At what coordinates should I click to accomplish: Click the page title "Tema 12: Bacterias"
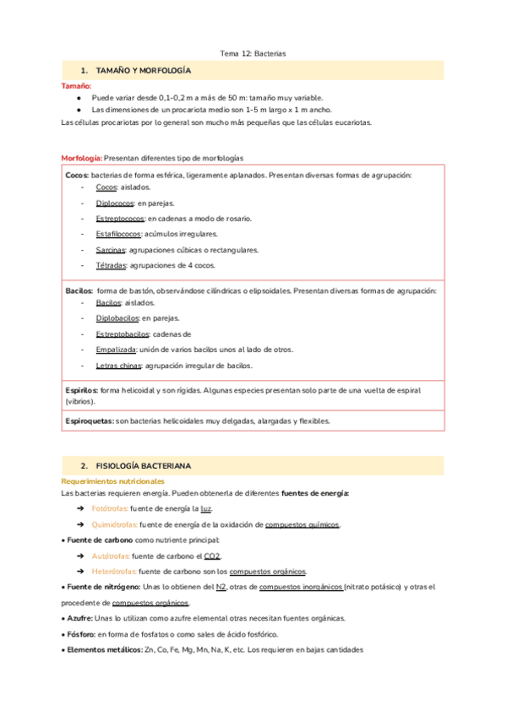click(x=253, y=53)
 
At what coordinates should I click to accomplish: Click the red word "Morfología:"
click(x=82, y=158)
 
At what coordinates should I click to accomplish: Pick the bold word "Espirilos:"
click(x=82, y=390)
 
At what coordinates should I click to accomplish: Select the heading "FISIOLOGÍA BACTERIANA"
click(x=144, y=465)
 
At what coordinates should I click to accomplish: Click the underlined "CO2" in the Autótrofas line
click(x=212, y=556)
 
